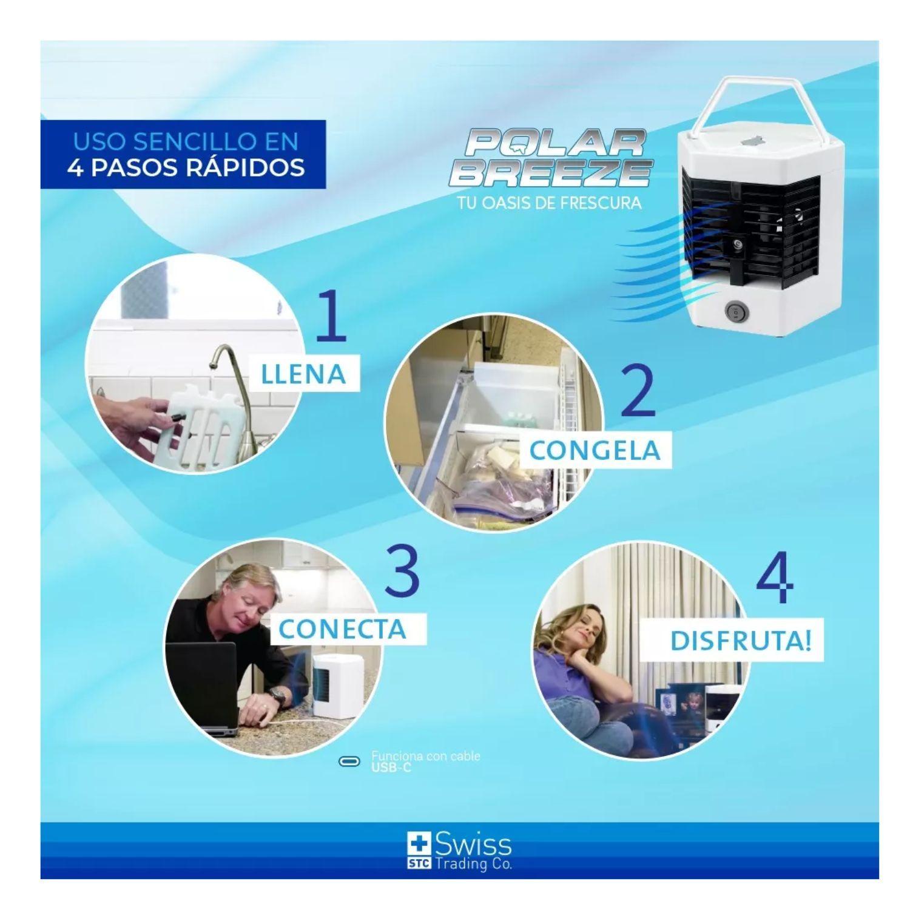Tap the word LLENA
coord(303,374)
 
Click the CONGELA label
coord(595,450)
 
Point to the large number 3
coord(402,571)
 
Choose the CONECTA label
coord(342,629)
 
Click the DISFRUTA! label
coord(740,641)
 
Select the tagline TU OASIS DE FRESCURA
coord(549,203)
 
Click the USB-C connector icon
coord(349,762)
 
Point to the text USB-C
coord(391,768)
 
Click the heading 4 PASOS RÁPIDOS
coord(186,167)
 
